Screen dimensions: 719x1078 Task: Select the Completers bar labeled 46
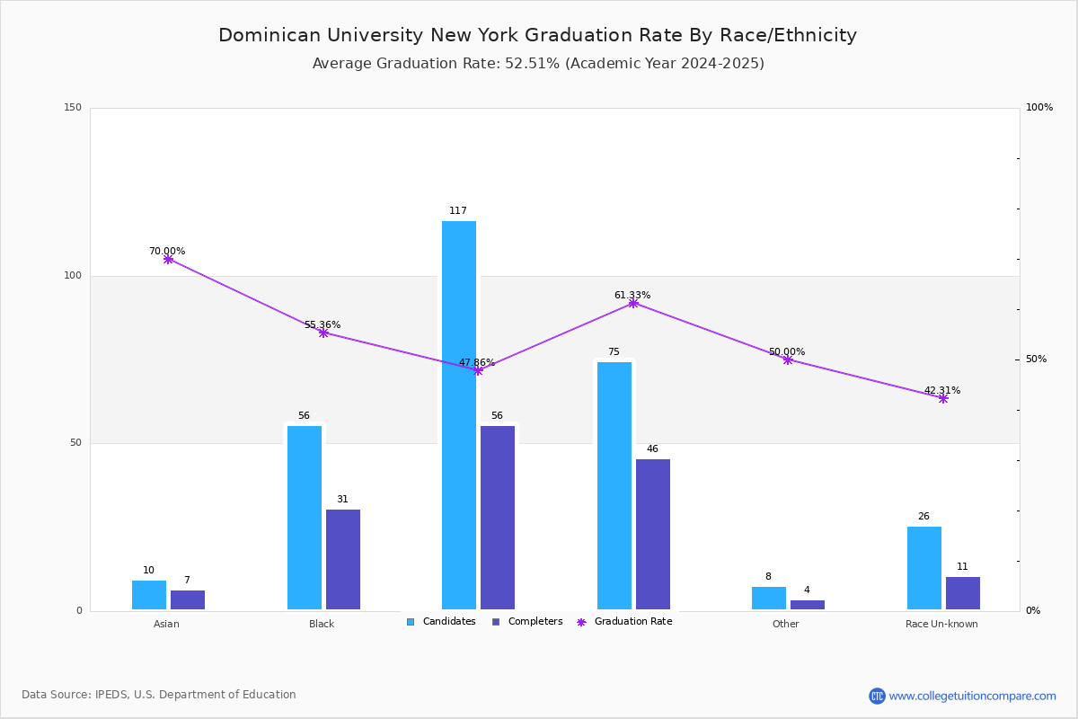pos(653,535)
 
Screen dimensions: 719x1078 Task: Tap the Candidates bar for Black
pos(305,518)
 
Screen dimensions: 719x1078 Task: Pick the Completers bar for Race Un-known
pos(963,594)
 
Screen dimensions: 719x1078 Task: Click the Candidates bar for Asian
pos(149,596)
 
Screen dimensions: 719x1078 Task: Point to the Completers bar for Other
pos(808,605)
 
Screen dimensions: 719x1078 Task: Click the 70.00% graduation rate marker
pos(168,259)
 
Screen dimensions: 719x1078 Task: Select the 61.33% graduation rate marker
pos(633,303)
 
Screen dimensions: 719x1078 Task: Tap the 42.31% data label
pos(942,391)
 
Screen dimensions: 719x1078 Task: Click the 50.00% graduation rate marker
pos(788,359)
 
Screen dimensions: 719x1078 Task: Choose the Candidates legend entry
pos(441,622)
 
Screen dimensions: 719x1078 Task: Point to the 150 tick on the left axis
pos(73,108)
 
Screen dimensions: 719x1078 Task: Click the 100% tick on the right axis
pos(1038,108)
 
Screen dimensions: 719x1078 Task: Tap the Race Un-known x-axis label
pos(941,624)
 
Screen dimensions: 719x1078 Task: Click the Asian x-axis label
pos(166,624)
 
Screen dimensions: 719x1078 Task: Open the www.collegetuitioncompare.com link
pos(972,696)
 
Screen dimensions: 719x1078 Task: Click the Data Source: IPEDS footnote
pos(159,695)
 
